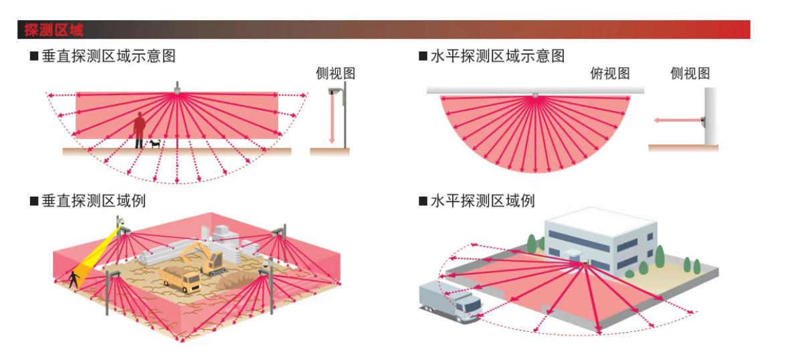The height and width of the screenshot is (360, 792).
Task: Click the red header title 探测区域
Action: [x=54, y=30]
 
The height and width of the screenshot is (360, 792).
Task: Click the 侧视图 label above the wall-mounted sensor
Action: [x=690, y=74]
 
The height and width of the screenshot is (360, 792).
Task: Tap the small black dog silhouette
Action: [x=156, y=143]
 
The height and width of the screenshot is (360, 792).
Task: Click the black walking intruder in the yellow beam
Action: [x=74, y=278]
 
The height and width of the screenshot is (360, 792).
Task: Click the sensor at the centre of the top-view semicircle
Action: [x=535, y=95]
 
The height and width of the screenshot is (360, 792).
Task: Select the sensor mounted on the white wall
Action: [x=702, y=121]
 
